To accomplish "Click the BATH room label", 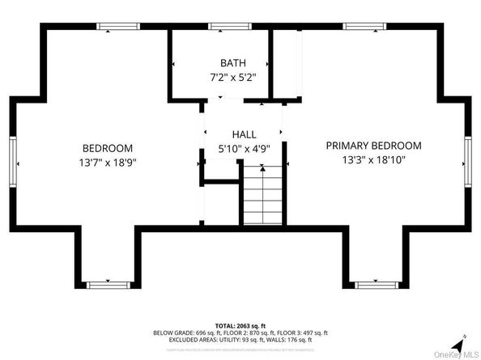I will (232, 63).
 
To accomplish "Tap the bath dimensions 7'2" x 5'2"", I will (232, 78).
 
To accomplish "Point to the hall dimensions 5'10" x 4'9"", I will (244, 148).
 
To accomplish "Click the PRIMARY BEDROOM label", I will (373, 146).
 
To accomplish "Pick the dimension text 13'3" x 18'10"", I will (373, 159).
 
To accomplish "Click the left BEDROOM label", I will (108, 148).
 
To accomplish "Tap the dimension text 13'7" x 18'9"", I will (108, 162).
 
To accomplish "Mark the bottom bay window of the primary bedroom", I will (373, 284).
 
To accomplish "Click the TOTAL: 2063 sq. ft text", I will (240, 324).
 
